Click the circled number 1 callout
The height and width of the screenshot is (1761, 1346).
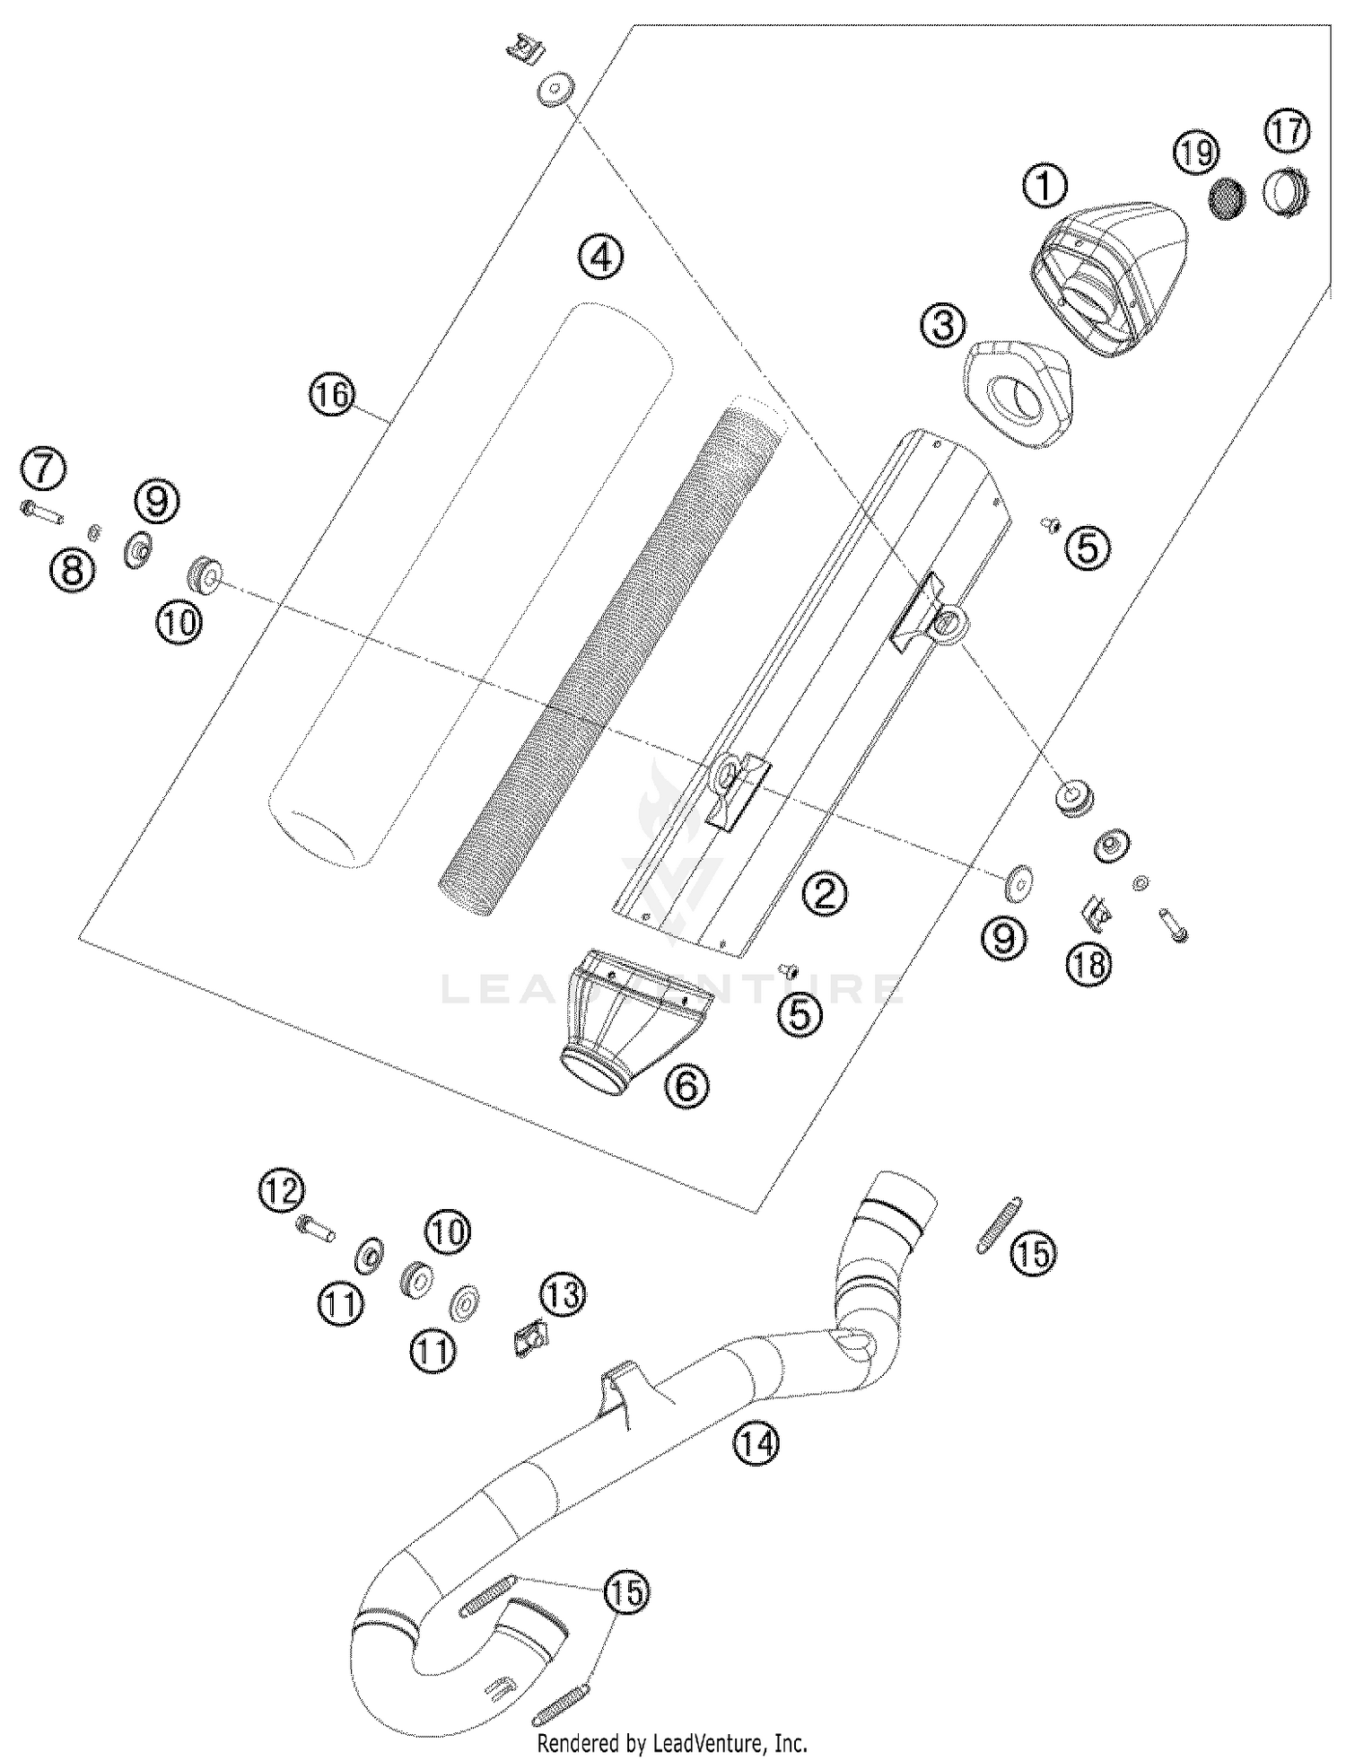click(1045, 186)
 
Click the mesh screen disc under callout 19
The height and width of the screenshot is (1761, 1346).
click(1226, 198)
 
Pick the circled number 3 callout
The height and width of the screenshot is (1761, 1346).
click(943, 324)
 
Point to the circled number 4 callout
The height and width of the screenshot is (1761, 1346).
click(600, 258)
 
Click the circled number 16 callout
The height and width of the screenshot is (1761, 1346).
click(333, 394)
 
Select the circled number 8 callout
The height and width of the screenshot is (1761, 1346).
click(74, 569)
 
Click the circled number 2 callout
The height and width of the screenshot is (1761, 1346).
click(825, 893)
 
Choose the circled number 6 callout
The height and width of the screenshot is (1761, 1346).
click(686, 1087)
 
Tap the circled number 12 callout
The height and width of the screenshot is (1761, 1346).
click(282, 1191)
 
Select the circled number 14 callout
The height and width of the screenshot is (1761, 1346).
click(756, 1444)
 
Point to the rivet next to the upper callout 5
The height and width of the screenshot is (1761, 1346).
click(1049, 523)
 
